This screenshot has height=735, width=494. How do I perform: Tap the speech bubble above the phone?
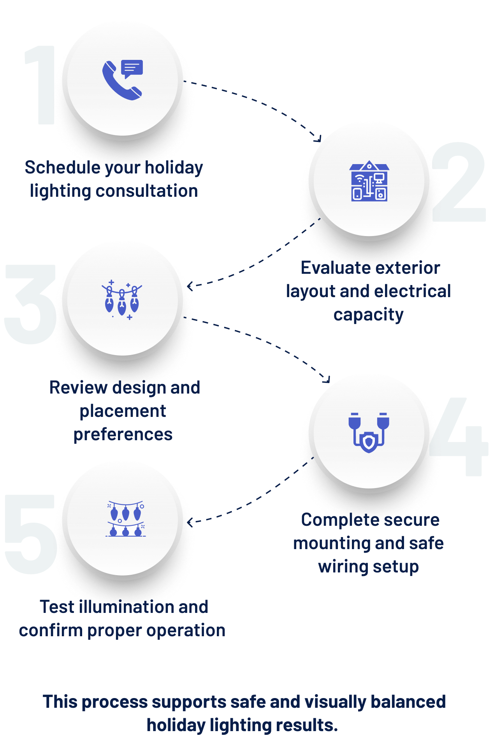[132, 68]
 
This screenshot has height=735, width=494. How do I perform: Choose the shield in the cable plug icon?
[369, 443]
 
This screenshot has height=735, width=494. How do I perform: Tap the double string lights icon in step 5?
[125, 519]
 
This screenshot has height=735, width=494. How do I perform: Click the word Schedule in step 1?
[62, 167]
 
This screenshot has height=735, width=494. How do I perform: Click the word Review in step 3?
[78, 387]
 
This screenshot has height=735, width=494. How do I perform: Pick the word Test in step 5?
[58, 607]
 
